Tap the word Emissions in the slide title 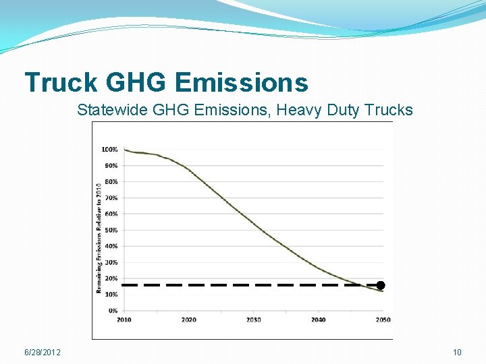(x=241, y=82)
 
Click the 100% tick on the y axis (x=109, y=149)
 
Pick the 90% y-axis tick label (x=111, y=165)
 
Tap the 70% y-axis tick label (x=111, y=198)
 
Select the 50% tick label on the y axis (x=111, y=230)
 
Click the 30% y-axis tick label (x=111, y=262)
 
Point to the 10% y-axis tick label (x=111, y=295)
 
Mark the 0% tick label (x=112, y=311)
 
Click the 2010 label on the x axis (x=124, y=320)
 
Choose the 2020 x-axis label (x=189, y=320)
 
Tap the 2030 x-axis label (x=254, y=320)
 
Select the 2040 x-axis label (x=319, y=320)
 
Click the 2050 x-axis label (x=383, y=320)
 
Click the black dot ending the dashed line (x=381, y=285)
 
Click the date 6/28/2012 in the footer (x=42, y=353)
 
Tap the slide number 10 (x=457, y=353)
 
